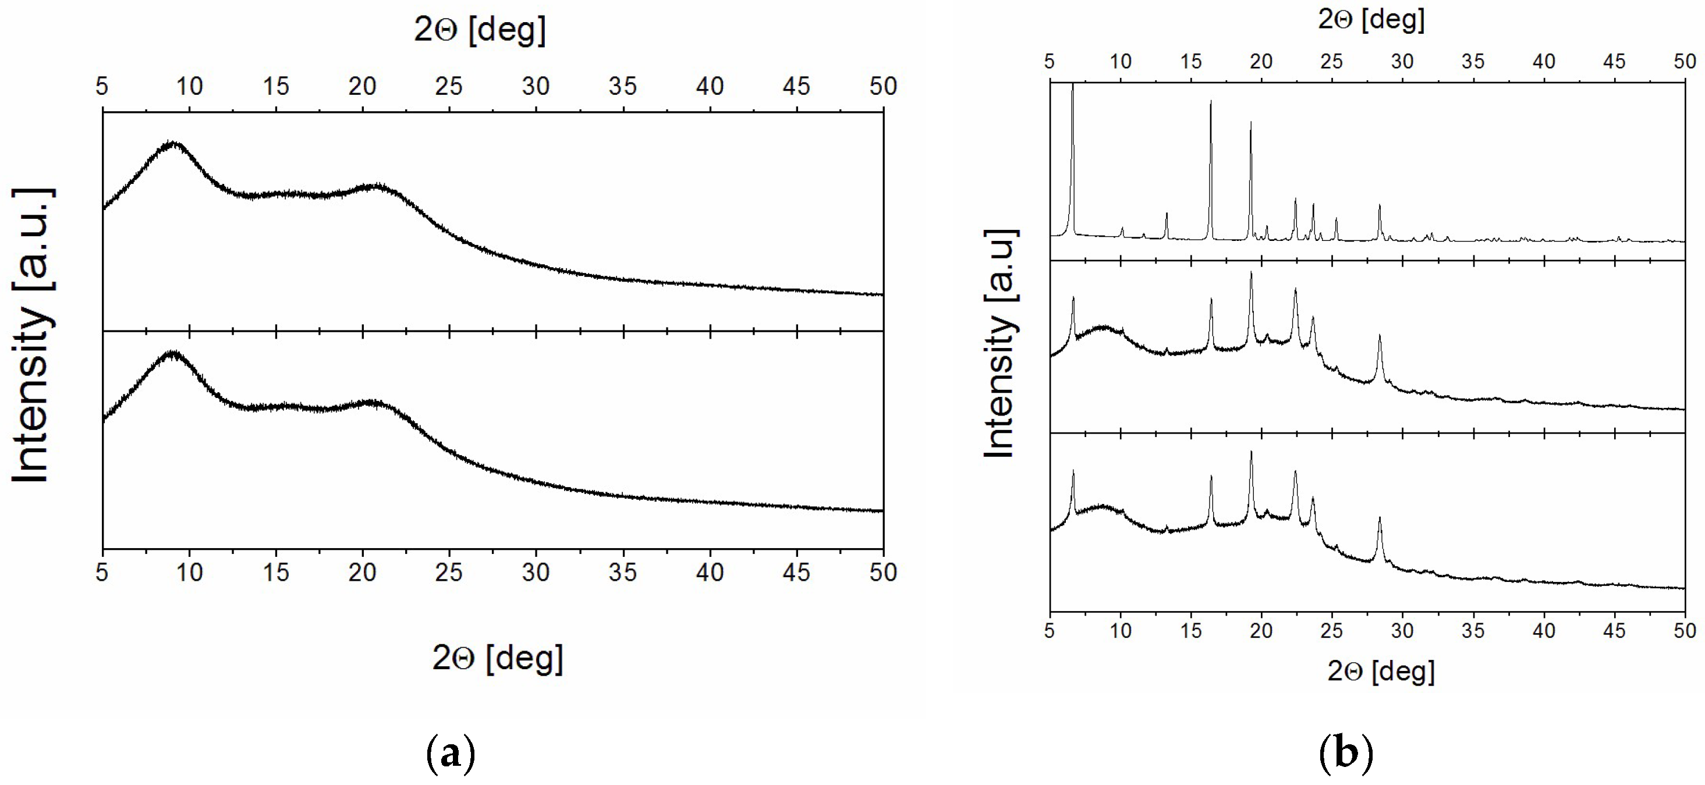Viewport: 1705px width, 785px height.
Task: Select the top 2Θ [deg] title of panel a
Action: [x=480, y=29]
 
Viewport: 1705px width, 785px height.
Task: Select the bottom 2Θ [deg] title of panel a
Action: [x=498, y=658]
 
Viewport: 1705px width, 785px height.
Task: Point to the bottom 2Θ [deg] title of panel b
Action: [x=1381, y=671]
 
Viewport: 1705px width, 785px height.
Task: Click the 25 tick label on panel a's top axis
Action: [x=449, y=86]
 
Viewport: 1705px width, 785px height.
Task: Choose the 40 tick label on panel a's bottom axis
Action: [x=710, y=572]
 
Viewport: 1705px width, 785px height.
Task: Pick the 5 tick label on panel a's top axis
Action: [x=102, y=86]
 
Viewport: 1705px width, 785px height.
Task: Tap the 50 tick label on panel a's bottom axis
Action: [x=883, y=572]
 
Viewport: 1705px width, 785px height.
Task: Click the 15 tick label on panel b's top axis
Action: [x=1191, y=62]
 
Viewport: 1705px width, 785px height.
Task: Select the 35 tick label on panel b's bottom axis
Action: [x=1473, y=630]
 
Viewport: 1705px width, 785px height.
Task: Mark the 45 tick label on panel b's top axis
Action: [x=1614, y=62]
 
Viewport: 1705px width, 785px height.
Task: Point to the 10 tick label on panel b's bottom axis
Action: [x=1120, y=630]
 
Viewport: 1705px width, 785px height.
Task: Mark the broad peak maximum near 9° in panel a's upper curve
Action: [x=173, y=143]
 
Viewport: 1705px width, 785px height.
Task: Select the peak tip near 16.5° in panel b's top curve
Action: [x=1211, y=101]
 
